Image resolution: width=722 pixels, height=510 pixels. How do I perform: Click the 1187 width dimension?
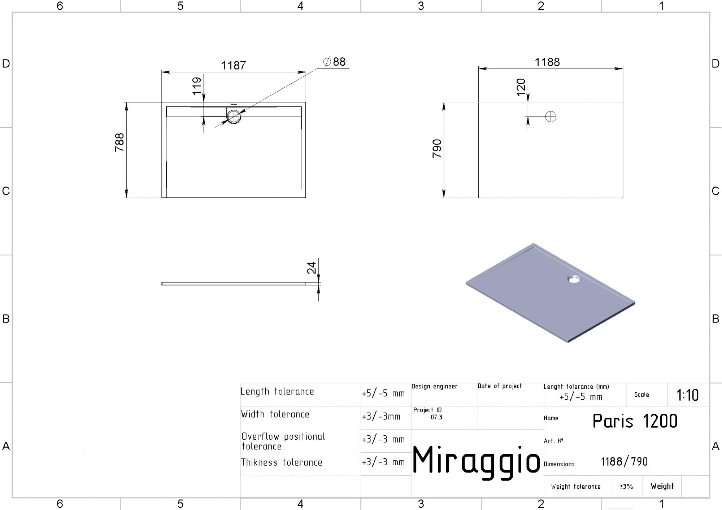pyautogui.click(x=233, y=65)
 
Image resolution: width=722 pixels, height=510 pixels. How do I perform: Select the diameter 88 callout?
pyautogui.click(x=335, y=62)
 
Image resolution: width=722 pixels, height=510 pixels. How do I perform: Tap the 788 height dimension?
pyautogui.click(x=119, y=142)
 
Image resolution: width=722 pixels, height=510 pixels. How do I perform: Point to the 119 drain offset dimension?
pyautogui.click(x=197, y=86)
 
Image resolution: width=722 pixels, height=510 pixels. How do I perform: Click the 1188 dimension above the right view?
pyautogui.click(x=547, y=62)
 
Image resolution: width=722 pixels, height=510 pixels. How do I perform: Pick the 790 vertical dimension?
pyautogui.click(x=437, y=148)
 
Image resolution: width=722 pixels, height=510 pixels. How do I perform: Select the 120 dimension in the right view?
pyautogui.click(x=521, y=87)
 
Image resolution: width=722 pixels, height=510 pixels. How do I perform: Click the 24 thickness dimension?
pyautogui.click(x=312, y=268)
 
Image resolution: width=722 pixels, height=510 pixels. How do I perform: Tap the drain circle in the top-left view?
pyautogui.click(x=234, y=116)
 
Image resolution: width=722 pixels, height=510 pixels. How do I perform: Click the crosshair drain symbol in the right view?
pyautogui.click(x=551, y=116)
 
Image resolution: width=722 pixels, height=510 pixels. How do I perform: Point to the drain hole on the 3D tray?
pyautogui.click(x=573, y=279)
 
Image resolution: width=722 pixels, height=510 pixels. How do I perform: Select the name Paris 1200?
pyautogui.click(x=635, y=421)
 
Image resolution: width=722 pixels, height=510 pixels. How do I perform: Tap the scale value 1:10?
pyautogui.click(x=687, y=395)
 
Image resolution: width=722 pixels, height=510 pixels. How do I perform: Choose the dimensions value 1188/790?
pyautogui.click(x=624, y=462)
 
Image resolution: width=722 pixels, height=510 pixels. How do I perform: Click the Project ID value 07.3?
pyautogui.click(x=436, y=417)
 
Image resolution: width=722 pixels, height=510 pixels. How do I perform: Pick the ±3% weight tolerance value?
pyautogui.click(x=626, y=487)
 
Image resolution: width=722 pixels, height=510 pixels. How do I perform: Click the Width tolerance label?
pyautogui.click(x=275, y=414)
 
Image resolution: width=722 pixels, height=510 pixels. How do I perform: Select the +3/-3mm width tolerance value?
pyautogui.click(x=381, y=417)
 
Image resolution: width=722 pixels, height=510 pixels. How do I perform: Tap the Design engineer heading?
pyautogui.click(x=434, y=386)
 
